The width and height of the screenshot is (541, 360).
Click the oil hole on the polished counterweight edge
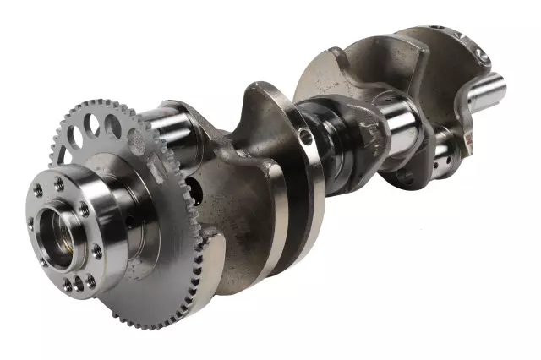pos(306,135)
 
